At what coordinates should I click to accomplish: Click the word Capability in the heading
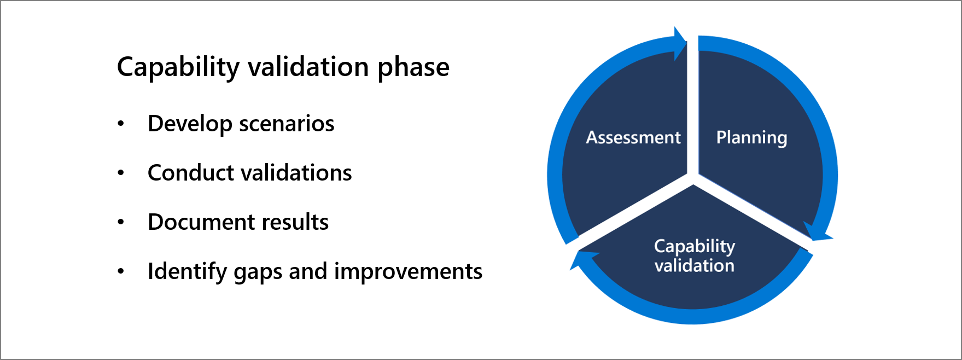pyautogui.click(x=178, y=67)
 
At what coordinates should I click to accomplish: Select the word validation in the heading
pyautogui.click(x=308, y=67)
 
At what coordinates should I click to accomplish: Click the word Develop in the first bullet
pyautogui.click(x=190, y=124)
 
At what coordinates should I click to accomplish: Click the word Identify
pyautogui.click(x=186, y=272)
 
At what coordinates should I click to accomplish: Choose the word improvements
pyautogui.click(x=408, y=271)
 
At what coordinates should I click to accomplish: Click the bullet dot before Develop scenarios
pyautogui.click(x=121, y=124)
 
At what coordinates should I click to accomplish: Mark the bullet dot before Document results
pyautogui.click(x=121, y=222)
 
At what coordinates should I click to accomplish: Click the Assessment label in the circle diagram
pyautogui.click(x=633, y=137)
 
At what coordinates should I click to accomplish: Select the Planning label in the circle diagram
pyautogui.click(x=751, y=138)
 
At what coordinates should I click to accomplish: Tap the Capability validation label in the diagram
pyautogui.click(x=695, y=256)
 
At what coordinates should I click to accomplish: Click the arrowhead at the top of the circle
pyautogui.click(x=680, y=43)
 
